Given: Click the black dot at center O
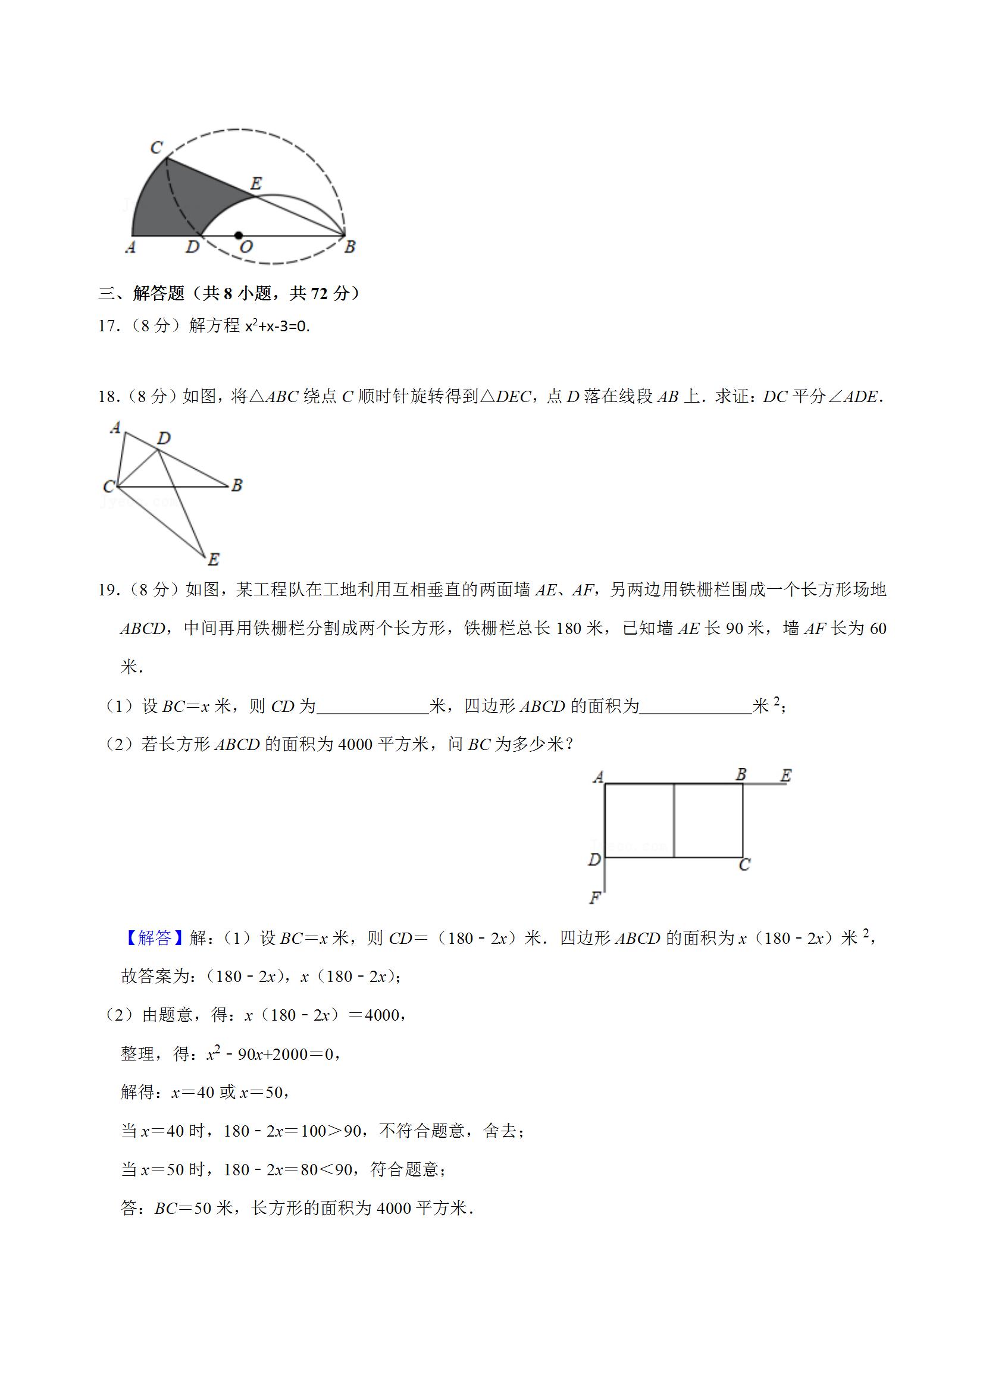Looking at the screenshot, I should click(239, 236).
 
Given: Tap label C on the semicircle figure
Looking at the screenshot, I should click(156, 147).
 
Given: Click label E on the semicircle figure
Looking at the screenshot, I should click(256, 183).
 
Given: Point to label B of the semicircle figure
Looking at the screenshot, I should click(349, 246).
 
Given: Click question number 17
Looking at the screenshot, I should click(107, 327).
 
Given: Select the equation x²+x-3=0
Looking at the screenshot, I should click(277, 327).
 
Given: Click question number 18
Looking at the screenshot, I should click(107, 397).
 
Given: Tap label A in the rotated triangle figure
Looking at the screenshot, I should click(115, 428).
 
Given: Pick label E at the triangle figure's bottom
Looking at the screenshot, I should click(213, 559).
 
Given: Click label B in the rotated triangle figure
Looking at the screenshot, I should click(237, 485).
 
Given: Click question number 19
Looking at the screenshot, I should click(107, 589).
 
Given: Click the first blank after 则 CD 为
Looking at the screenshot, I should click(372, 707).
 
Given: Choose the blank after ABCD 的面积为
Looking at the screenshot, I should click(696, 707).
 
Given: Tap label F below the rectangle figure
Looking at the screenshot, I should click(595, 898).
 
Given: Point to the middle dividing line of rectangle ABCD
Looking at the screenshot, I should click(674, 820).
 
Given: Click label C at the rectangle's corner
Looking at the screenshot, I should click(744, 865).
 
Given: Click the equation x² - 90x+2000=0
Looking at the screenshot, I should click(274, 1055).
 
